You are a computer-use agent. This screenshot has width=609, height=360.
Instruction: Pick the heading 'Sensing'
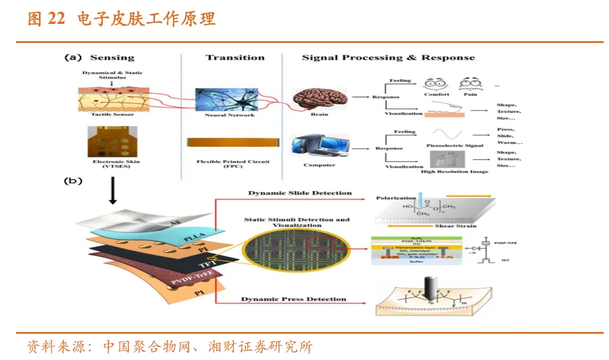tap(112, 58)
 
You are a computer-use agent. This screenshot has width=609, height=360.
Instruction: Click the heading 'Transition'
tap(235, 58)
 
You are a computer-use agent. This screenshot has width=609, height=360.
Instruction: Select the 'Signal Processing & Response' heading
tap(388, 58)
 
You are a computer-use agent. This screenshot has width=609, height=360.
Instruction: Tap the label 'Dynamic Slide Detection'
tap(300, 193)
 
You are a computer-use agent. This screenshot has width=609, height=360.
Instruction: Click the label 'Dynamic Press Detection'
tap(293, 299)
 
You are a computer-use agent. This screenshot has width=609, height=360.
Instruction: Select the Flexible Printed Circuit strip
tap(228, 142)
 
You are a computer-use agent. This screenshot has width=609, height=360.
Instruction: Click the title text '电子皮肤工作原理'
tap(146, 19)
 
